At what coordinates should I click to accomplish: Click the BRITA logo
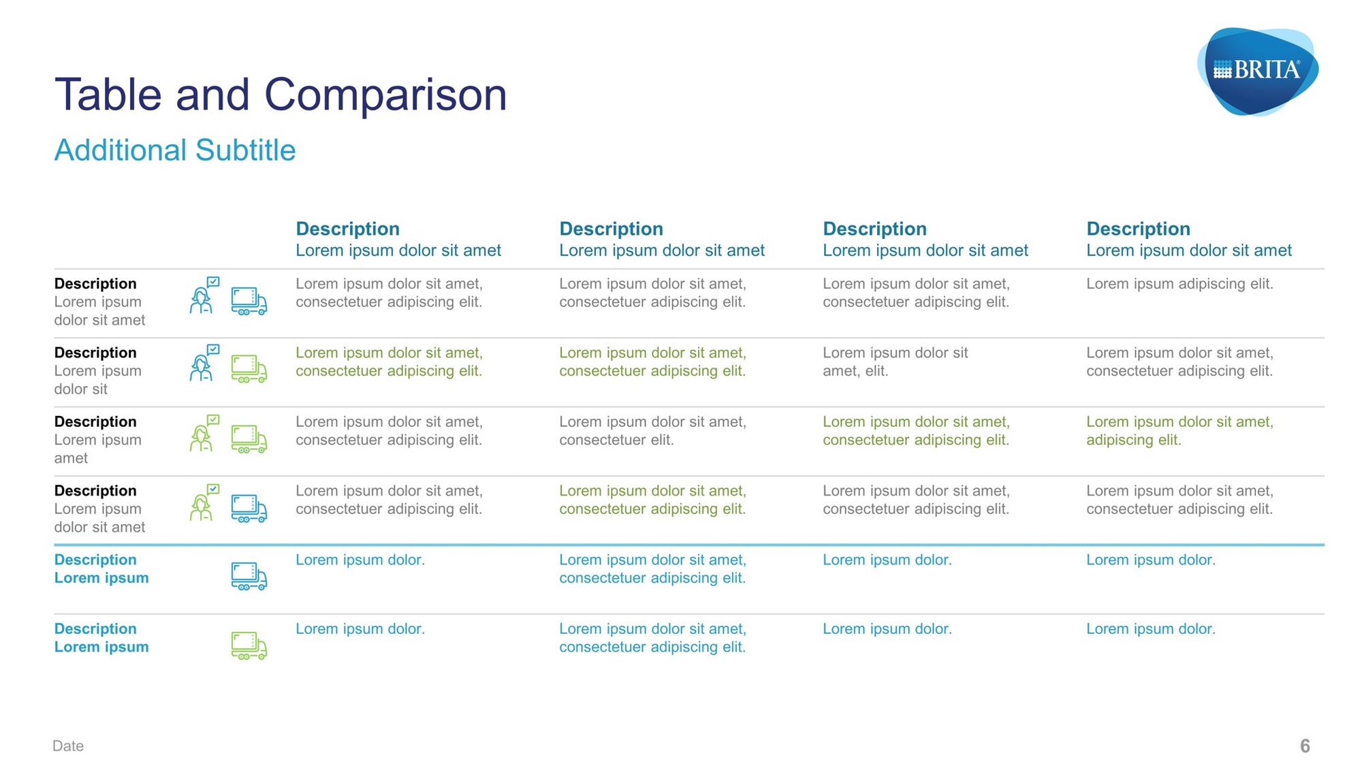[x=1258, y=71]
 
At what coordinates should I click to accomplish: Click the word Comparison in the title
[x=385, y=95]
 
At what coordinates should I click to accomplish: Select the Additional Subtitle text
[x=175, y=150]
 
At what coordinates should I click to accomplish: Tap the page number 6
[x=1305, y=746]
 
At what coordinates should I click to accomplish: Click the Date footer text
[x=68, y=746]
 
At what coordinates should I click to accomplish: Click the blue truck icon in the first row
[x=249, y=301]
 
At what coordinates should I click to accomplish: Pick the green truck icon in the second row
[x=249, y=368]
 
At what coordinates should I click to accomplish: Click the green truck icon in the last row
[x=249, y=645]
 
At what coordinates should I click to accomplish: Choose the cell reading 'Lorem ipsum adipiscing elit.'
[x=1179, y=284]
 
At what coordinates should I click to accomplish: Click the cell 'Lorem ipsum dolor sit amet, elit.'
[x=895, y=362]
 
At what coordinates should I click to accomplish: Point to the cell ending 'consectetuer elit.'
[x=652, y=431]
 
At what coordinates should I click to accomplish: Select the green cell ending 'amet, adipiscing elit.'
[x=1179, y=431]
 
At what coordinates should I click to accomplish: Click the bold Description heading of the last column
[x=1138, y=229]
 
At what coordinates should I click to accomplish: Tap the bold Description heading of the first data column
[x=347, y=229]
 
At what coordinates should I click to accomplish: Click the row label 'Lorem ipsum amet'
[x=98, y=449]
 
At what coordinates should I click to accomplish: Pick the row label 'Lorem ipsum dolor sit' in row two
[x=98, y=380]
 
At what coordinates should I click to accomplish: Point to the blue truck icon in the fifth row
[x=249, y=576]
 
